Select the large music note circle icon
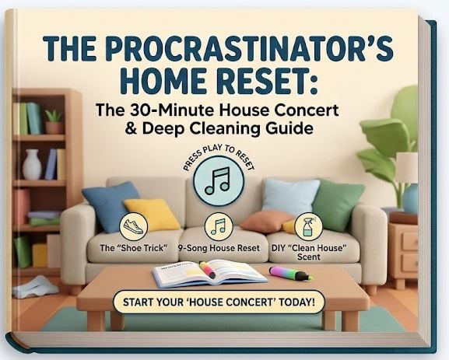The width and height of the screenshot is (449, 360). [219, 181]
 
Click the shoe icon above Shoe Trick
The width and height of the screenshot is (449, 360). [133, 226]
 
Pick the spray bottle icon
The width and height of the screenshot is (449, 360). [308, 226]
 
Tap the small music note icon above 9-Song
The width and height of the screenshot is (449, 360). [219, 226]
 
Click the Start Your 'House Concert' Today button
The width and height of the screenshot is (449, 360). [219, 302]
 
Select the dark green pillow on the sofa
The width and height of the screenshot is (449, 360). [338, 204]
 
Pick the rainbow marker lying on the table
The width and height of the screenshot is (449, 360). [291, 273]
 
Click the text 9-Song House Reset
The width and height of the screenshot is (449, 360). [219, 248]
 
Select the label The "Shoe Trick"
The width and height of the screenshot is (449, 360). [133, 248]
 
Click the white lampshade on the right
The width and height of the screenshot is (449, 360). [407, 168]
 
